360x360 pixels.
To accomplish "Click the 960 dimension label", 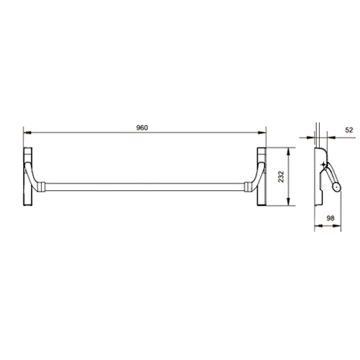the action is pyautogui.click(x=142, y=128).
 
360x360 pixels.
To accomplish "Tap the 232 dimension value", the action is pyautogui.click(x=281, y=176).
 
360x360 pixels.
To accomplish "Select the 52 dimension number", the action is pyautogui.click(x=349, y=130).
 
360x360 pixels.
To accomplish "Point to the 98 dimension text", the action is pyautogui.click(x=330, y=218).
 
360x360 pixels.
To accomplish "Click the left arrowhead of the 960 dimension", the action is pyautogui.click(x=27, y=132).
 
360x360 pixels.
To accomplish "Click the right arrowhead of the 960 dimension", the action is pyautogui.click(x=262, y=132).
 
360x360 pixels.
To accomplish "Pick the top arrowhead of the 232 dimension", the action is pyautogui.click(x=289, y=151).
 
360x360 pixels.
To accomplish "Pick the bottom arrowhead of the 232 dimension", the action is pyautogui.click(x=289, y=202).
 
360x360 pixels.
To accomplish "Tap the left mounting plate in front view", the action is pyautogui.click(x=27, y=176).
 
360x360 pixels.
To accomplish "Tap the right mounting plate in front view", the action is pyautogui.click(x=261, y=176).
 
